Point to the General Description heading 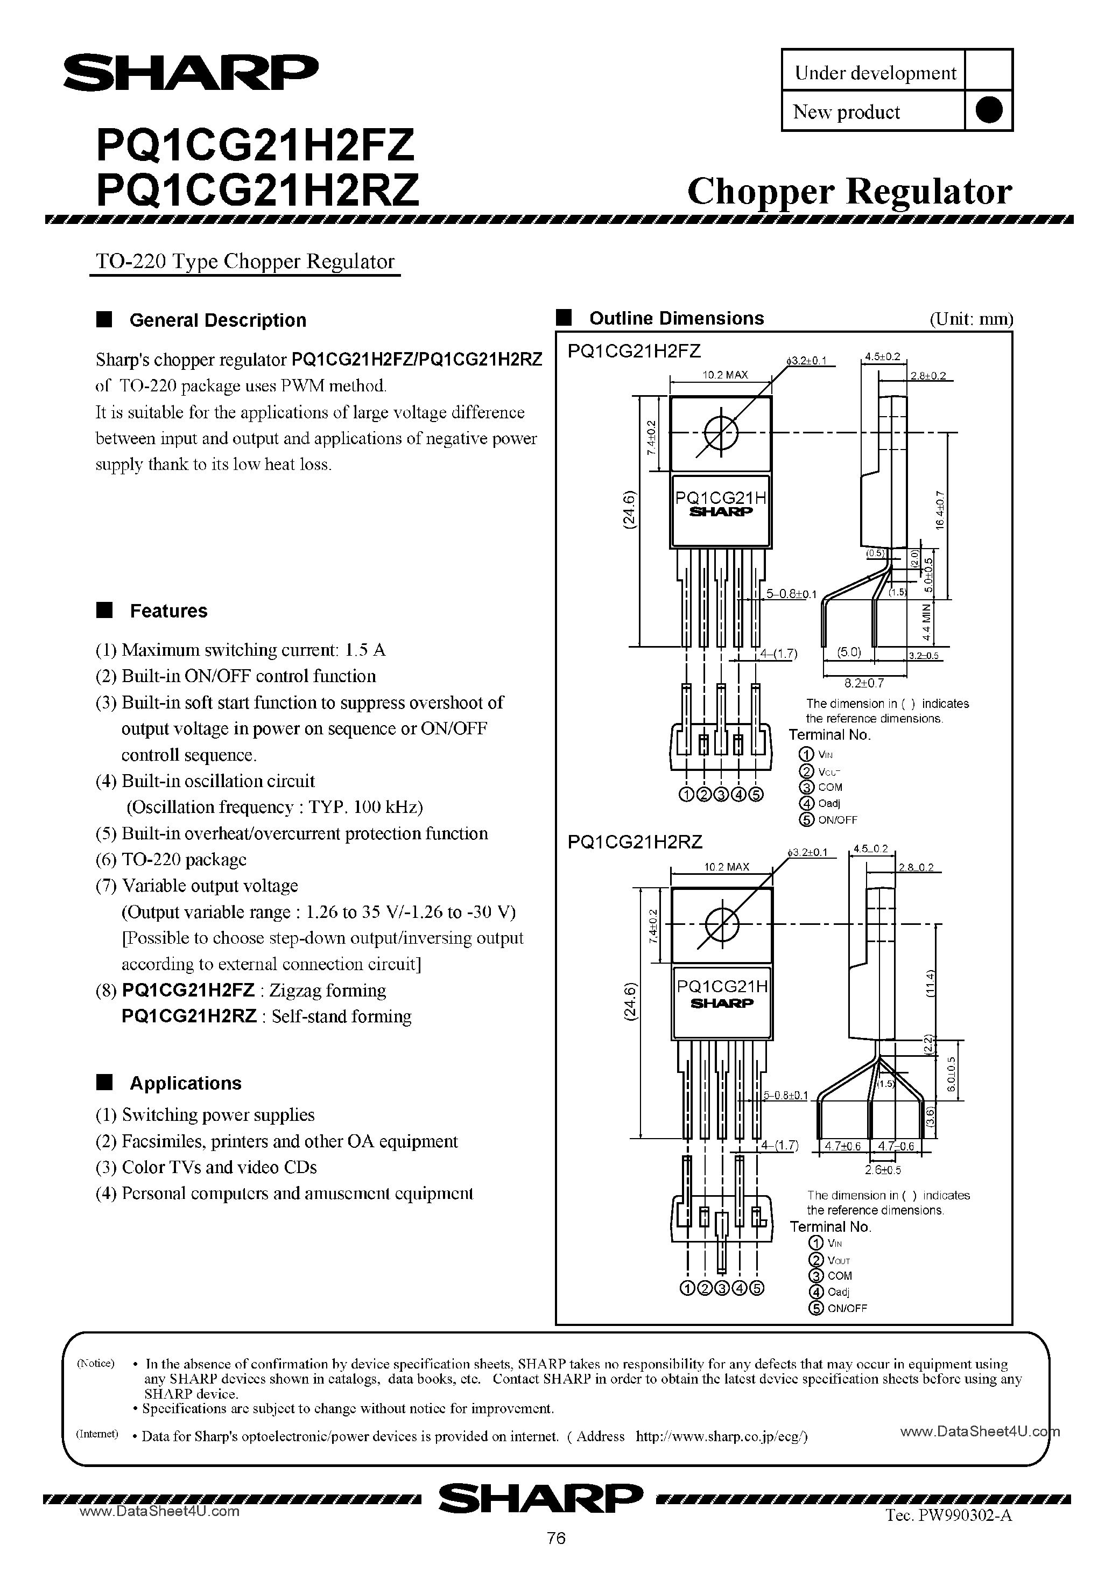point(217,320)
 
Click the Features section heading point(168,610)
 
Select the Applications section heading point(186,1083)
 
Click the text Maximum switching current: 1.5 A point(254,650)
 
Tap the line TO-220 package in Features point(184,859)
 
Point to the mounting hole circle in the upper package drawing point(721,433)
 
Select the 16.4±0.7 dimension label point(939,509)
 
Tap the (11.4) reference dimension point(929,985)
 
